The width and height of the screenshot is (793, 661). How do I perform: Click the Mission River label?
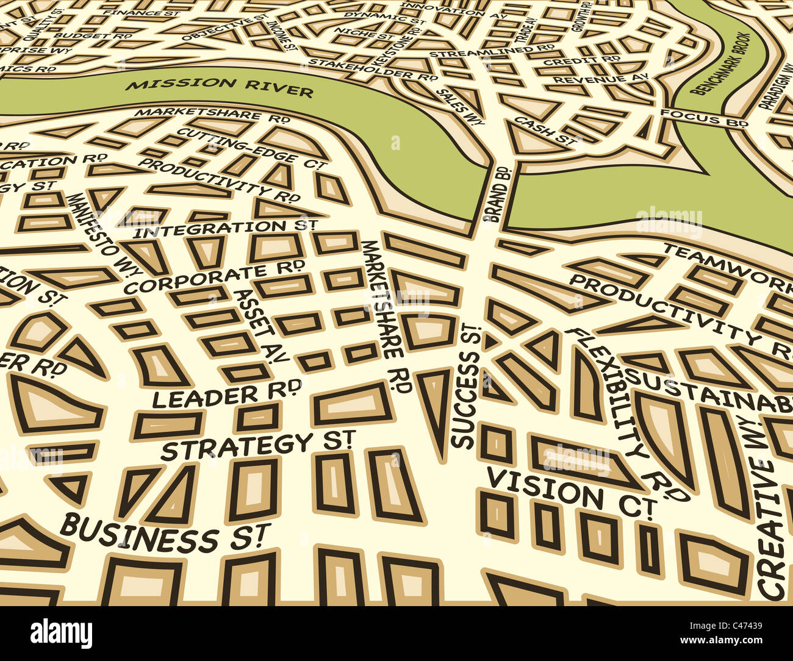220,87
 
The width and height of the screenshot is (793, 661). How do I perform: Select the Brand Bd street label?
496,193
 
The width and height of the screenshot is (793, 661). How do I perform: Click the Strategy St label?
258,446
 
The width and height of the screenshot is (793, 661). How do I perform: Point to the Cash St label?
545,130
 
